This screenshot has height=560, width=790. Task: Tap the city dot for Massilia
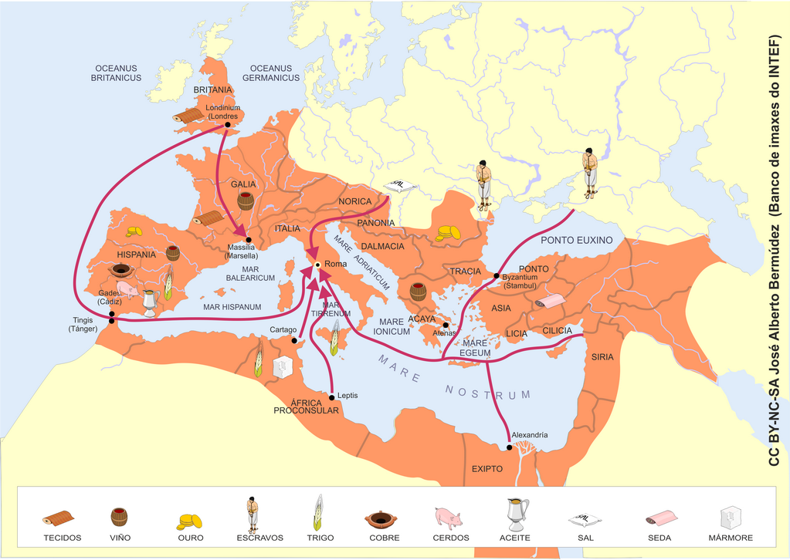coord(249,239)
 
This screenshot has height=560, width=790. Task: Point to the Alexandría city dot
coord(510,447)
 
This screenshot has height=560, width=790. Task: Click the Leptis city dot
coord(332,397)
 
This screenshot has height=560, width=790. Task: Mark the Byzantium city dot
coord(497,275)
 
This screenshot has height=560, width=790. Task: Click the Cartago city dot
coord(294,340)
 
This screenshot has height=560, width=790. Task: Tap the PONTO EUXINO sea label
coord(576,240)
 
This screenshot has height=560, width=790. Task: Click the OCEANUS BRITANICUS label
coord(116,73)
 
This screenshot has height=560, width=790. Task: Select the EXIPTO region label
coord(487,468)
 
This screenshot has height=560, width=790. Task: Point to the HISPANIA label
coord(137,255)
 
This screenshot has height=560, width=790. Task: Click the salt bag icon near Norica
coord(400,187)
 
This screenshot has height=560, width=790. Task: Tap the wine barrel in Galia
coord(246,201)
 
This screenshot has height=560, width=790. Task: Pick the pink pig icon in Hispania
coord(128,290)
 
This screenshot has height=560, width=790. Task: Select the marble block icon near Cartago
coord(283,365)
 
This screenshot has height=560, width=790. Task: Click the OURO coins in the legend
coord(189,521)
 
